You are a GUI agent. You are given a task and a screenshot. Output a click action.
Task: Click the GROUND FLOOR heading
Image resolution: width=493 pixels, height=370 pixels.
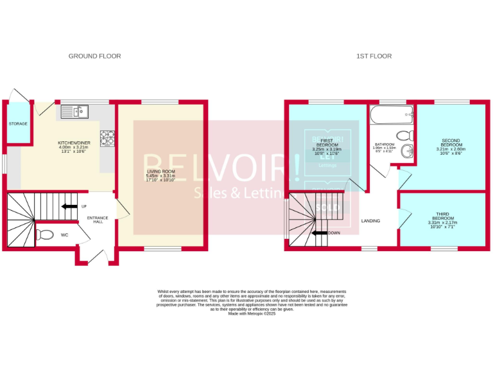[94, 57]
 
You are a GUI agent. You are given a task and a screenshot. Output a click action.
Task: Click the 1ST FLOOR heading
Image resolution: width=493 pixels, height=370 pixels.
[374, 57]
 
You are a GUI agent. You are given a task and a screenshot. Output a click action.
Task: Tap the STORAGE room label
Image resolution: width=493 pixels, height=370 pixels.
[18, 123]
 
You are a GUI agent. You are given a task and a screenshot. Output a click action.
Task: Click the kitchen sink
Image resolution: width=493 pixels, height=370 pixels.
[77, 112]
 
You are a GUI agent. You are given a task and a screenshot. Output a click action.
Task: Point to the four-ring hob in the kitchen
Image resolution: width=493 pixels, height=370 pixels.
[107, 137]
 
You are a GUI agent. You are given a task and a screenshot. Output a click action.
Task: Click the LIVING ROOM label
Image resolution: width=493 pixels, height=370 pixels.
[160, 172]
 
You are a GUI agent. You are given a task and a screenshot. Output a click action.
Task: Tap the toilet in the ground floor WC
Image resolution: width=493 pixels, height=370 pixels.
[44, 234]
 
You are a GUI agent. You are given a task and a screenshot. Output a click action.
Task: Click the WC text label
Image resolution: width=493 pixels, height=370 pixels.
[64, 235]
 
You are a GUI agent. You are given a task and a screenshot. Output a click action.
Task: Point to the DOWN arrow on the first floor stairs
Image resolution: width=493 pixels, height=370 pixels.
[320, 233]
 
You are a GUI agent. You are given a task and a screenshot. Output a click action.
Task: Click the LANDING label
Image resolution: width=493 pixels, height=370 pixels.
[370, 221]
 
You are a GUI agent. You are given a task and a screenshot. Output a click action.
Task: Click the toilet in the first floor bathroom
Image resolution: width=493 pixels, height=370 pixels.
[404, 136]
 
